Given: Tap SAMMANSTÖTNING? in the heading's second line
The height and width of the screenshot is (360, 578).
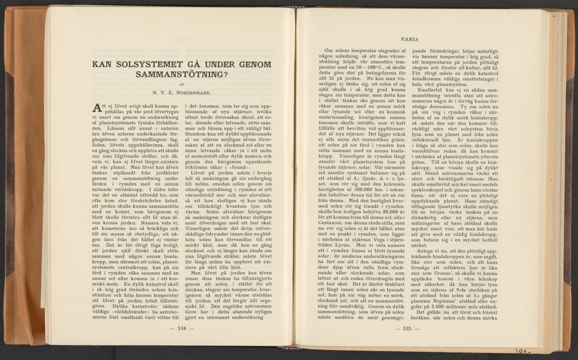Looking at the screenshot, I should click(x=182, y=75).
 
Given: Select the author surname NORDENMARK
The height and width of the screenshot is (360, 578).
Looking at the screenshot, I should click(x=199, y=93).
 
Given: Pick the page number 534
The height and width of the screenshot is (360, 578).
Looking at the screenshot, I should click(x=182, y=329).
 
